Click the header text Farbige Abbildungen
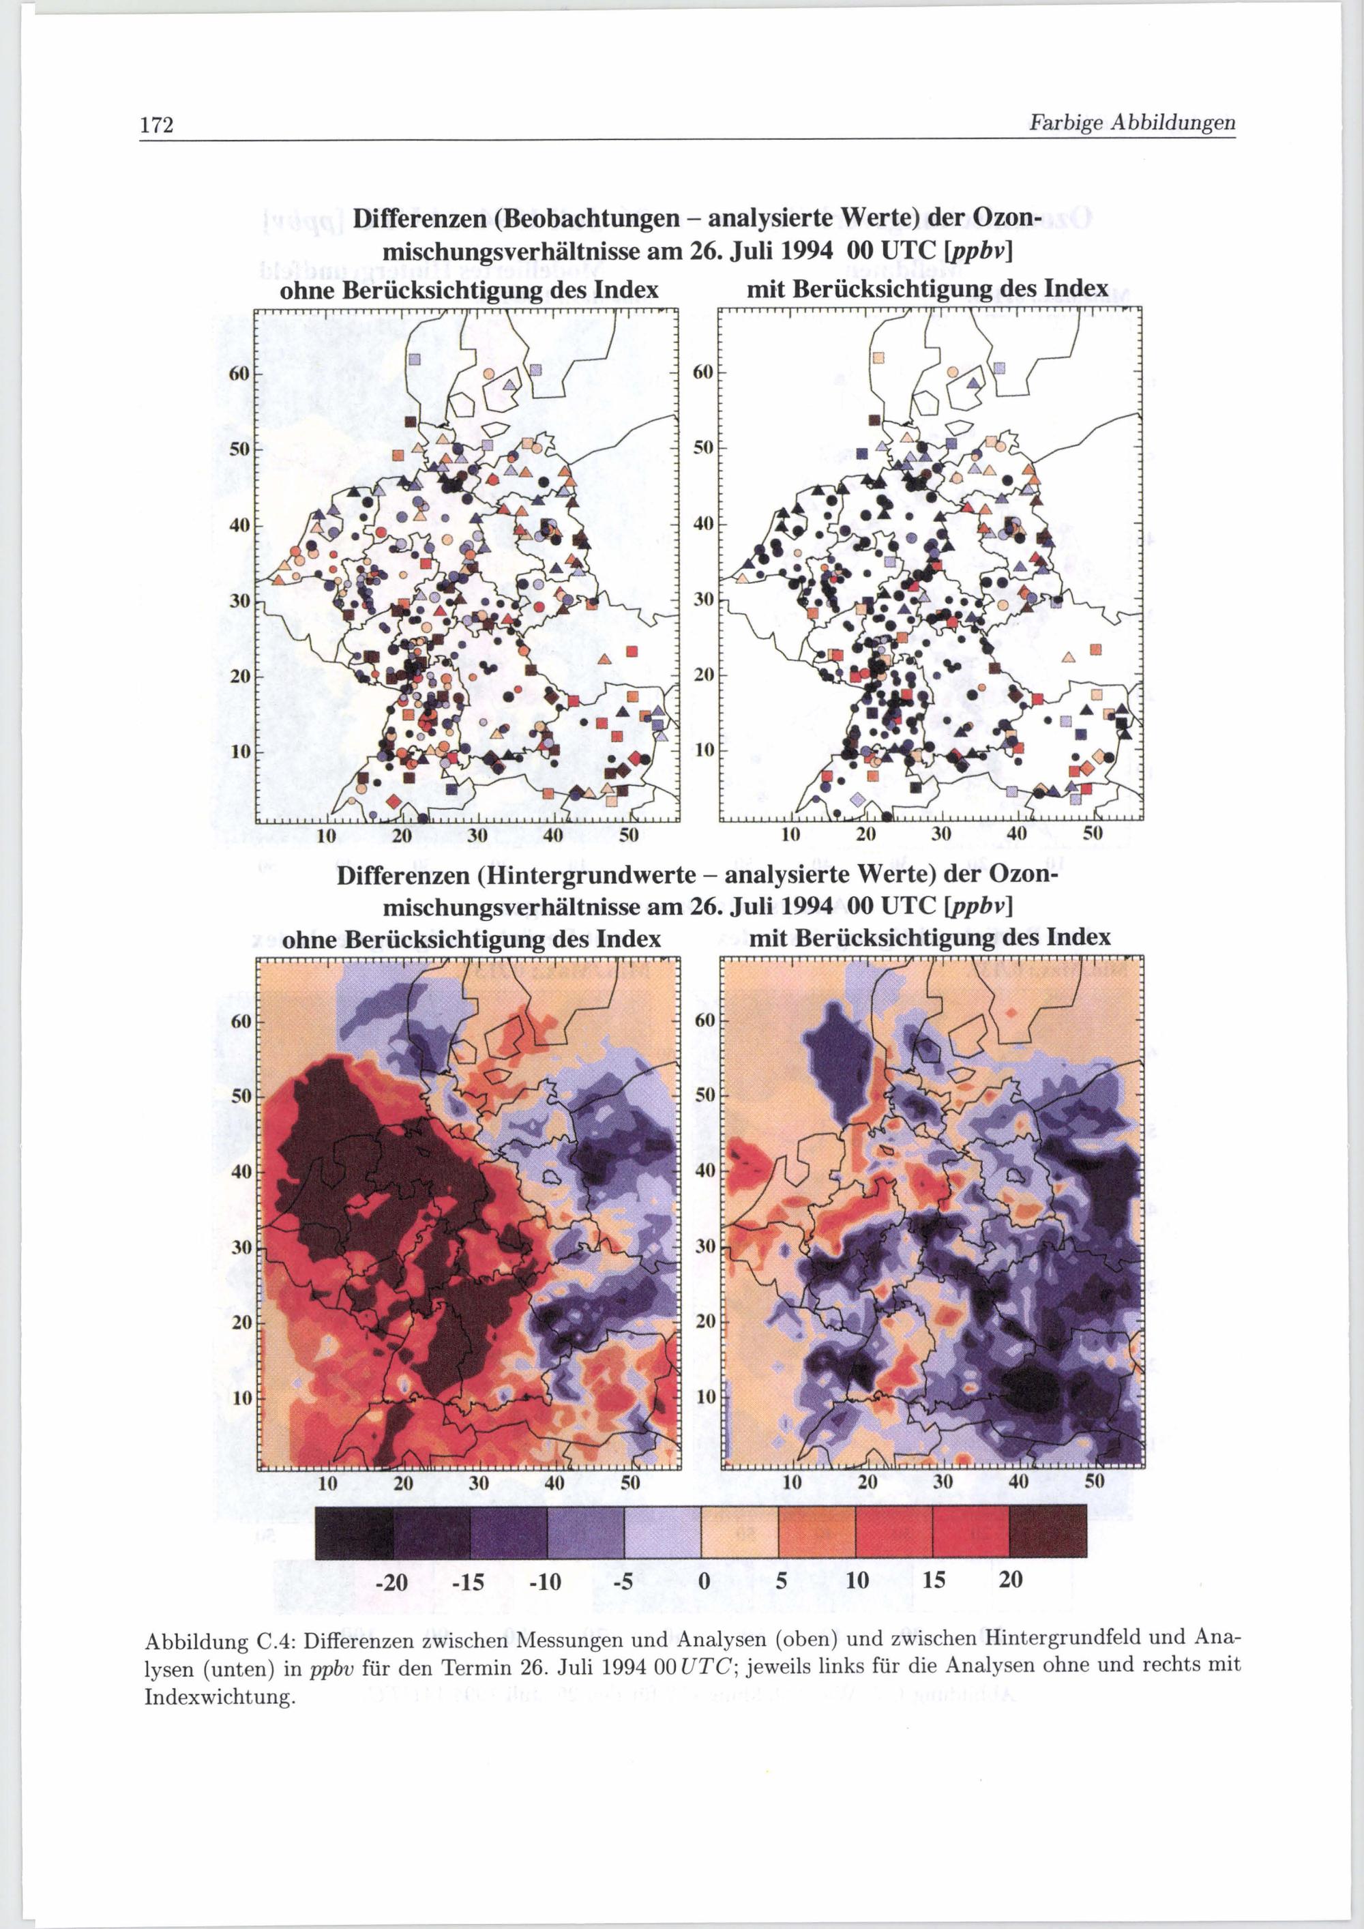click(1132, 123)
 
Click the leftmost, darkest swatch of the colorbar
click(353, 1533)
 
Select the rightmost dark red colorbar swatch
click(1048, 1533)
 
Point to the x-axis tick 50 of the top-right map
click(1093, 834)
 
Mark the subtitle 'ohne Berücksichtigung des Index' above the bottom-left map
click(471, 938)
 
